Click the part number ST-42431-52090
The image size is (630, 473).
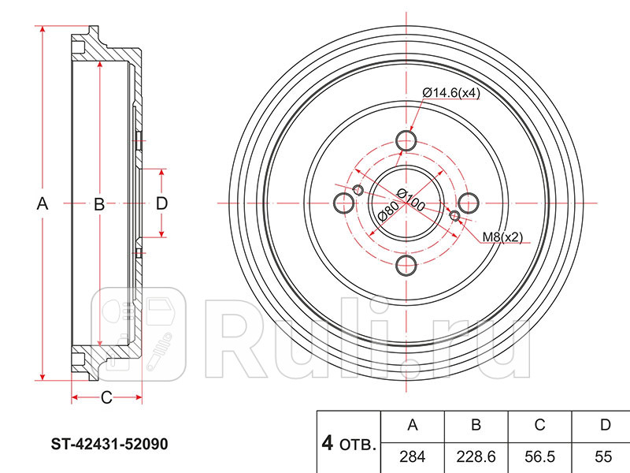tap(109, 444)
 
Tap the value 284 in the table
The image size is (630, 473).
tap(412, 456)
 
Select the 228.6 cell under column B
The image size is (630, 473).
tap(476, 456)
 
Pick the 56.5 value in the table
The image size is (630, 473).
tap(539, 456)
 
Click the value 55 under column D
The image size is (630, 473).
tap(603, 456)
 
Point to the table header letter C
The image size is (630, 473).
tap(539, 425)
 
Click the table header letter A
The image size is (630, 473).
tap(413, 425)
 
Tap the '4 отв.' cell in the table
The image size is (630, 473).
tap(349, 443)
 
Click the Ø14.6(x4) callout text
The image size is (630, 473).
tap(451, 93)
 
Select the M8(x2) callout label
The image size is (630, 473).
tap(502, 237)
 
